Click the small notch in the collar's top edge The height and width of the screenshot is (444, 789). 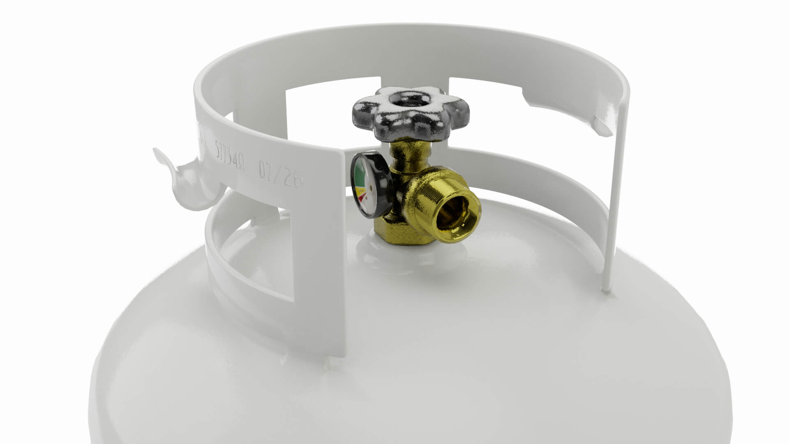tap(530, 97)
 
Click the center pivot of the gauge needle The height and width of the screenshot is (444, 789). tap(371, 188)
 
